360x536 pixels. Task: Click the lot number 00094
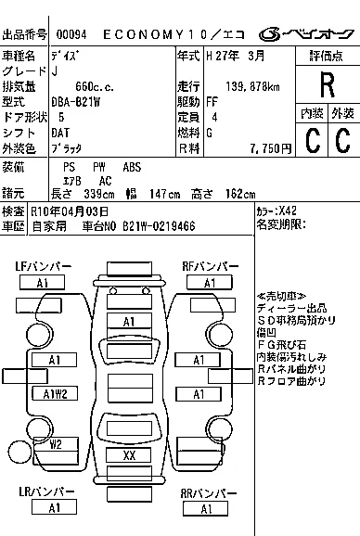click(71, 34)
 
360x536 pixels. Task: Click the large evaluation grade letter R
click(328, 85)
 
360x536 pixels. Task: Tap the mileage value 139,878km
click(252, 87)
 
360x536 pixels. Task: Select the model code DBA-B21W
click(75, 102)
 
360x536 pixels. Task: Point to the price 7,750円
click(270, 148)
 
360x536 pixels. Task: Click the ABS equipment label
click(132, 167)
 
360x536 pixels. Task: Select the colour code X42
click(288, 211)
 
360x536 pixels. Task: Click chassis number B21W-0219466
click(159, 226)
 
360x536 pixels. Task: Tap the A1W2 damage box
click(55, 394)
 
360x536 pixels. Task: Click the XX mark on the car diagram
click(129, 455)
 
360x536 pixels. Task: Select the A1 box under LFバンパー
click(42, 283)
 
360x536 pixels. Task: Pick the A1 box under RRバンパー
click(205, 509)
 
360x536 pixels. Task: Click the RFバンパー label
click(211, 266)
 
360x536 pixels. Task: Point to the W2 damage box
click(56, 444)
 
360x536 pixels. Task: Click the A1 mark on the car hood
click(129, 322)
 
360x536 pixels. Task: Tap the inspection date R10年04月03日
click(70, 211)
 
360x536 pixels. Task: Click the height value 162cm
click(240, 194)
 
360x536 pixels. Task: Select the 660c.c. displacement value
click(95, 87)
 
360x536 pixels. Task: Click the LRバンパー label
click(46, 491)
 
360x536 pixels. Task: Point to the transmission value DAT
click(60, 133)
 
